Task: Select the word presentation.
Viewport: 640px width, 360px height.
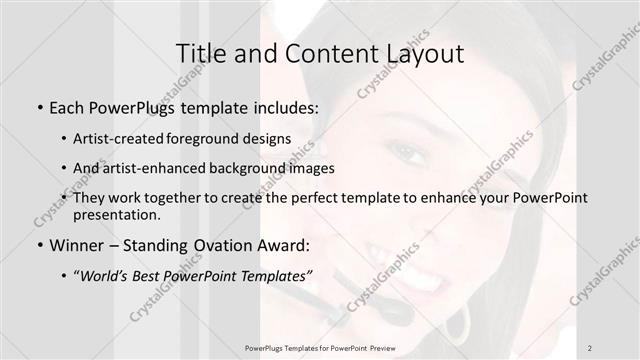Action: [x=116, y=214]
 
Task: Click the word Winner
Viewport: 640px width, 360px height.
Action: [x=74, y=244]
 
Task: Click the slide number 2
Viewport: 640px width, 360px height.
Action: [x=591, y=347]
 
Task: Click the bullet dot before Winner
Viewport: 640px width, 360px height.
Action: [x=38, y=245]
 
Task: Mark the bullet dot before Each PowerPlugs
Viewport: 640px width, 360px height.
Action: [x=38, y=106]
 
